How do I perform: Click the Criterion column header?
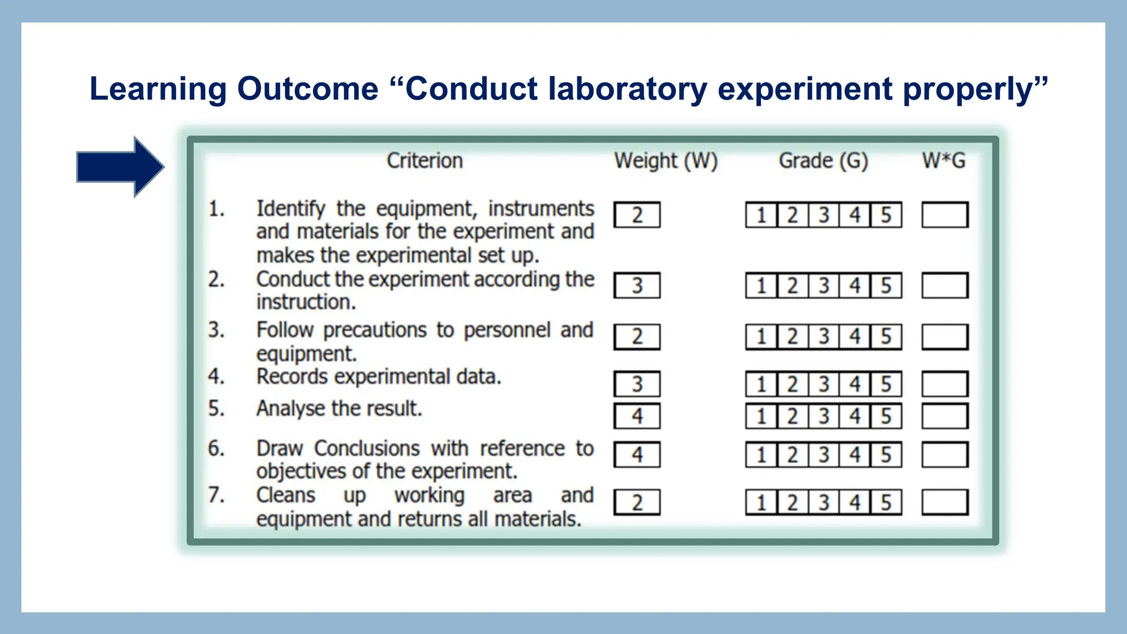pos(424,161)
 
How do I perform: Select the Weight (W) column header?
pos(666,161)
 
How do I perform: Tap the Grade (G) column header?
pos(823,161)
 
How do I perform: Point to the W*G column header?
pos(944,161)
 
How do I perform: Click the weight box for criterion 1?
pos(637,215)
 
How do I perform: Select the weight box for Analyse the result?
pos(637,416)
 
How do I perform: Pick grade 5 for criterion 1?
pos(886,215)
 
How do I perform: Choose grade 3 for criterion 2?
pos(824,286)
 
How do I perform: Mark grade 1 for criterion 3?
pos(762,336)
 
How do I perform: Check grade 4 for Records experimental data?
pos(855,384)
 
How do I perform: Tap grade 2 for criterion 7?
pos(792,502)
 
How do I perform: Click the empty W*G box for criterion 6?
pos(945,455)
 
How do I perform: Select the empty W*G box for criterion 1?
pos(945,215)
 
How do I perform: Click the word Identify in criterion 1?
pos(291,209)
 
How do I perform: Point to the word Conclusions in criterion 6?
pos(366,449)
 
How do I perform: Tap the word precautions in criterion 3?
pos(375,330)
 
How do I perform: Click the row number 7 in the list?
pos(216,495)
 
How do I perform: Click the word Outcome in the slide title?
pos(308,89)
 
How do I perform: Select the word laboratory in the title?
pos(627,89)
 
